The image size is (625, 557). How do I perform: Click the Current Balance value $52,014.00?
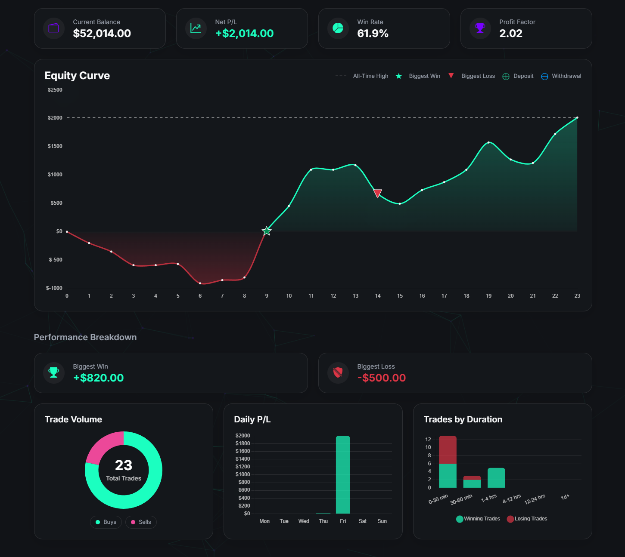tap(102, 34)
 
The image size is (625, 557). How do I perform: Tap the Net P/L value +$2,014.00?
tap(244, 34)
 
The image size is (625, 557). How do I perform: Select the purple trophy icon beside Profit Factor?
tap(480, 28)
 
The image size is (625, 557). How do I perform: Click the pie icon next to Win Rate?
tap(338, 28)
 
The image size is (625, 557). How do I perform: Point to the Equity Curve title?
tap(77, 76)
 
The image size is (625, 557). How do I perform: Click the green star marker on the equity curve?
tap(267, 231)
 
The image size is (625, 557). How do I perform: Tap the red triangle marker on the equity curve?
tap(378, 194)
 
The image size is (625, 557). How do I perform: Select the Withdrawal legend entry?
tap(561, 76)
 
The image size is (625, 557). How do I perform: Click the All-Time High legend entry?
tap(362, 76)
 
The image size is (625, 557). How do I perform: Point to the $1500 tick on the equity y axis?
tap(55, 146)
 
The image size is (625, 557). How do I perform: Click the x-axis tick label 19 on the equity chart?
tap(488, 296)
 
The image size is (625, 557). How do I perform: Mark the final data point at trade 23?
tap(577, 117)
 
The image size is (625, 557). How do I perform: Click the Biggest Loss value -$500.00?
tap(381, 378)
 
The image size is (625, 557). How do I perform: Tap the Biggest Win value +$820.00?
tap(98, 378)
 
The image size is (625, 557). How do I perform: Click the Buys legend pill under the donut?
tap(106, 522)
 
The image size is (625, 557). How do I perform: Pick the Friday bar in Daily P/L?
tap(343, 475)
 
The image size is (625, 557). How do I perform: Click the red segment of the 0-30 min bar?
tap(448, 450)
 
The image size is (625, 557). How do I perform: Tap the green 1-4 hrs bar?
tap(496, 478)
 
